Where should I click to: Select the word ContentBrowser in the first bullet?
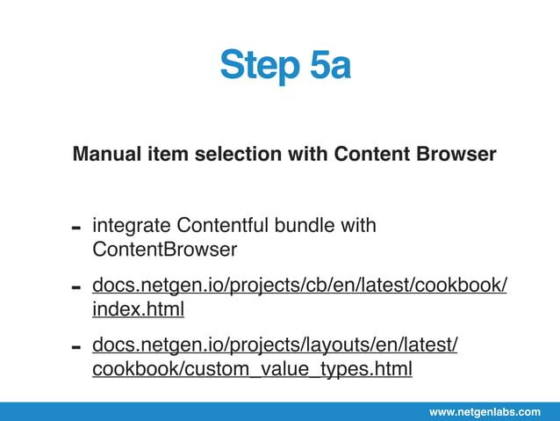(164, 250)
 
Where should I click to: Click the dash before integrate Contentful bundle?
(76, 229)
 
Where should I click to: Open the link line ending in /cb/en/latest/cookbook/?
(299, 286)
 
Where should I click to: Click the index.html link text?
(138, 309)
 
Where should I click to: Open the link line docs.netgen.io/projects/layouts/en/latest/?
(275, 345)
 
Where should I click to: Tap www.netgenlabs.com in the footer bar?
(485, 411)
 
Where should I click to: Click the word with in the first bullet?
(358, 226)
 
